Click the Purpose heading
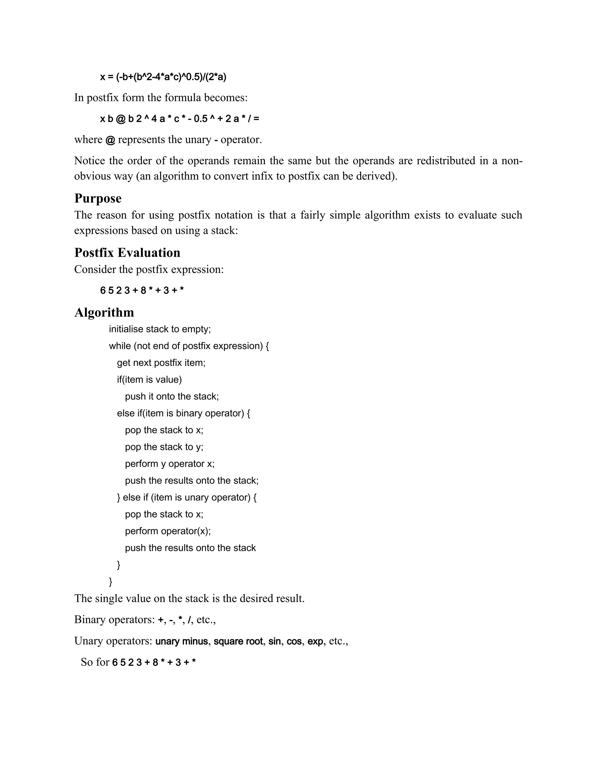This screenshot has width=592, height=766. (x=98, y=199)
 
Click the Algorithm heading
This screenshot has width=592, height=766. (x=104, y=312)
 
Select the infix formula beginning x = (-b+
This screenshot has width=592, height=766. (x=163, y=77)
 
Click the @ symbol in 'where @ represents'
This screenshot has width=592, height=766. (x=110, y=140)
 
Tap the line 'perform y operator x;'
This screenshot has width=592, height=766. (x=169, y=464)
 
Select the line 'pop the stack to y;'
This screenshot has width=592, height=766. (x=164, y=447)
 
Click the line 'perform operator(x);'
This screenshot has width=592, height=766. (x=168, y=531)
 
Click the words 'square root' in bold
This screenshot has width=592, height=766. (x=238, y=641)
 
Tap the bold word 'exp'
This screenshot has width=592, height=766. (x=315, y=641)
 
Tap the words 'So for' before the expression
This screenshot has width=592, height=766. (x=95, y=662)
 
